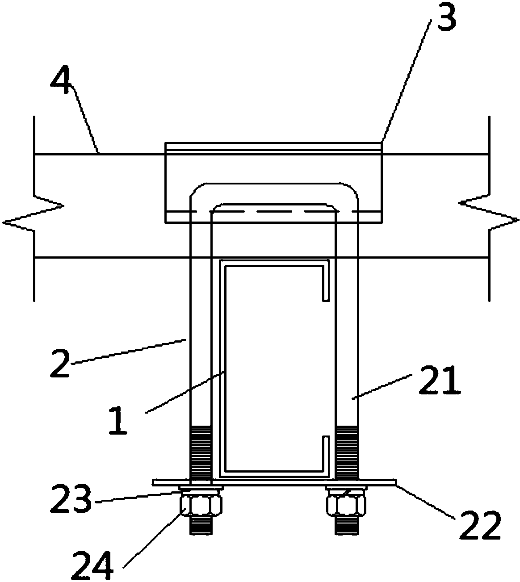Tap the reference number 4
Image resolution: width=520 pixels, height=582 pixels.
[x=60, y=80]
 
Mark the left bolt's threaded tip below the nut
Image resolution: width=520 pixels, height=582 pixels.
[x=201, y=524]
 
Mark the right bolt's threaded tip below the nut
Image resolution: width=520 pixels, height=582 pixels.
[x=347, y=524]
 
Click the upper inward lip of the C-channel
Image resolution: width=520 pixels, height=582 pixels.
[x=326, y=283]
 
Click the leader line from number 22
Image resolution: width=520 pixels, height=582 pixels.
[x=426, y=502]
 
